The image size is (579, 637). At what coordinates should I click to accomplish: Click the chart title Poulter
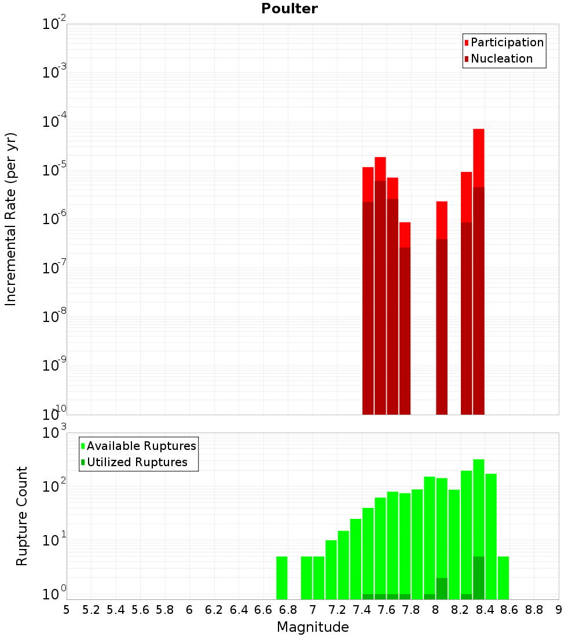coord(289,9)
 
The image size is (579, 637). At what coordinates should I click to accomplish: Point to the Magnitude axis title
coord(313,627)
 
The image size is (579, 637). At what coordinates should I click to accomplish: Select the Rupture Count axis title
coord(21,516)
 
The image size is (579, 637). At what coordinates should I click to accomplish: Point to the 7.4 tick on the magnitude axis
coord(362,609)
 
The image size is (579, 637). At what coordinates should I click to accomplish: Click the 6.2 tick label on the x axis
coord(214,609)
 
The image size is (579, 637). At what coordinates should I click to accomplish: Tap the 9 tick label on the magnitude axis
coord(559,609)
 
